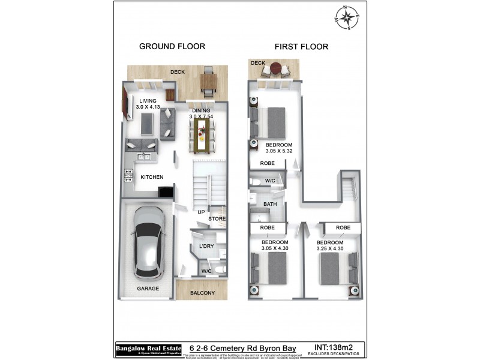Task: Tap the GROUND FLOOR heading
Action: (x=172, y=46)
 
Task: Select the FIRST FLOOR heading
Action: (x=301, y=46)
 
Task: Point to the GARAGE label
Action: (x=148, y=289)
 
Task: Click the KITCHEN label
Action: (x=152, y=178)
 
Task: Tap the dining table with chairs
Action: (x=201, y=135)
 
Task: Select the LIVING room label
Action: (x=148, y=101)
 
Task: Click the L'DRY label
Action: (x=206, y=247)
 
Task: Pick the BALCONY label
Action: (x=203, y=293)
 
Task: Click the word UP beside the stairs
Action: (x=202, y=211)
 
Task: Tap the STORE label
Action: (x=217, y=219)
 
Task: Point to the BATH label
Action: (x=270, y=205)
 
